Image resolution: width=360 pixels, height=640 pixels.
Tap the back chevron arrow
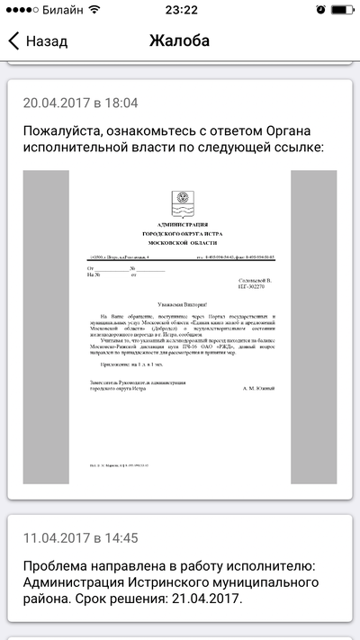13,41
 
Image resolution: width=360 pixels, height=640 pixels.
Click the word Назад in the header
47,41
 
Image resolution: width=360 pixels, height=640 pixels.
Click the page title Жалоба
179,41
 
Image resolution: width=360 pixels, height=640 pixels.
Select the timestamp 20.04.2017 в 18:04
81,103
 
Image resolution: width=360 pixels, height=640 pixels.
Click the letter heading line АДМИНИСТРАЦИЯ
181,223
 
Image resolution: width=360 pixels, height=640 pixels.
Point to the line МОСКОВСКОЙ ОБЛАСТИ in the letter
181,243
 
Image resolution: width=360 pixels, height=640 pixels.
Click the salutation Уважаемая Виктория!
180,305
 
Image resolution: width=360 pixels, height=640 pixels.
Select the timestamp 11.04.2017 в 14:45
81,538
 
